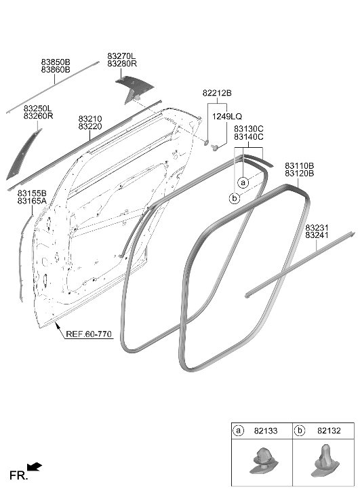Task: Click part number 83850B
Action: pos(56,62)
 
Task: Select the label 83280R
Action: pos(122,64)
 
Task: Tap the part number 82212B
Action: pos(217,93)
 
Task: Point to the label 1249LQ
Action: pos(227,117)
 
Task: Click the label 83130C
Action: pos(249,129)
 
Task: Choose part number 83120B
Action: pos(299,173)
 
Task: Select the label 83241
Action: pos(317,235)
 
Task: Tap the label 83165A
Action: pos(32,201)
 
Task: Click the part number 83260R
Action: pos(39,116)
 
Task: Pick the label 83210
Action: pos(90,119)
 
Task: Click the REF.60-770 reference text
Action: pos(89,334)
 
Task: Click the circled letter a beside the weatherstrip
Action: pos(243,182)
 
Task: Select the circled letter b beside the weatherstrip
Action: pos(234,199)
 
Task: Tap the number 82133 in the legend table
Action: pos(266,431)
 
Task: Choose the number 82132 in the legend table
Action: pos(329,431)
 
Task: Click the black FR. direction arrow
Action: pos(35,467)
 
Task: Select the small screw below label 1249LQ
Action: pos(216,147)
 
